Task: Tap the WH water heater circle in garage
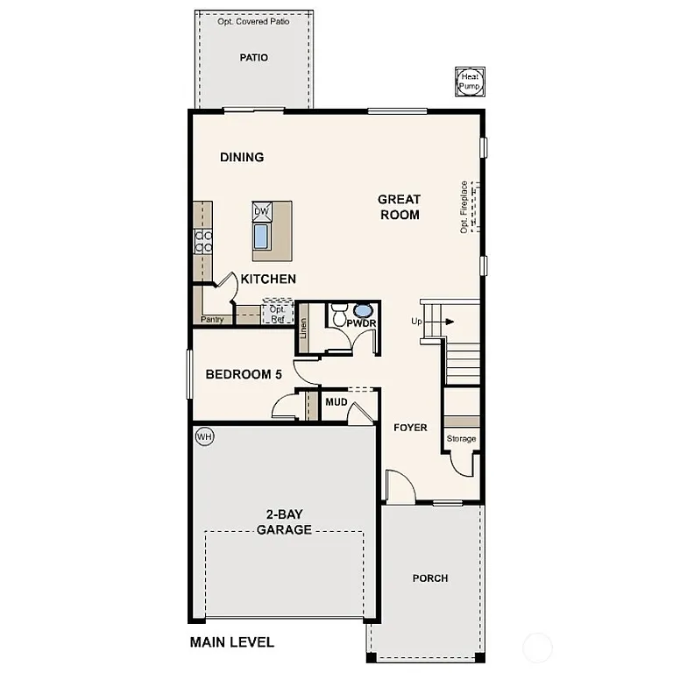click(204, 436)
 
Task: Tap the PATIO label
click(253, 58)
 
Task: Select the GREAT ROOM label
click(400, 207)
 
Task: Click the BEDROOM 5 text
click(244, 374)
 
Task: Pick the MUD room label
click(336, 402)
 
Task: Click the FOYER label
click(410, 428)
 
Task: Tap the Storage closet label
click(461, 438)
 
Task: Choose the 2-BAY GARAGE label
click(283, 522)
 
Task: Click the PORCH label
click(429, 577)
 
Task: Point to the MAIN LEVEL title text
click(232, 642)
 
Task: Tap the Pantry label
click(212, 320)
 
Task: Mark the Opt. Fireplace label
click(464, 207)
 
